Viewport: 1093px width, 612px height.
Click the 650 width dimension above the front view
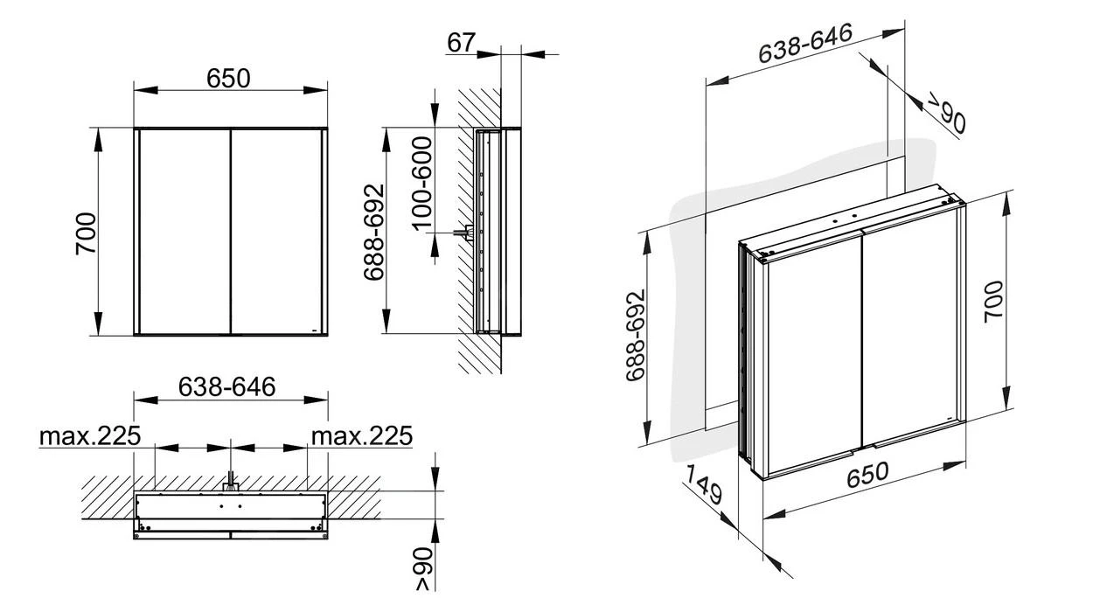[229, 79]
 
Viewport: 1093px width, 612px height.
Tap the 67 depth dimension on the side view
[462, 43]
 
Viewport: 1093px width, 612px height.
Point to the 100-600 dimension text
[422, 183]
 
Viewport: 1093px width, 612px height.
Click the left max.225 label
[89, 435]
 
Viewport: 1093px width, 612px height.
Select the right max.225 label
[361, 435]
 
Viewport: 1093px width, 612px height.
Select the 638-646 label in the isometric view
[804, 44]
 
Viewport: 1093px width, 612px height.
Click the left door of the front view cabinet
[184, 232]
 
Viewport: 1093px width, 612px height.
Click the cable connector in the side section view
[461, 233]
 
